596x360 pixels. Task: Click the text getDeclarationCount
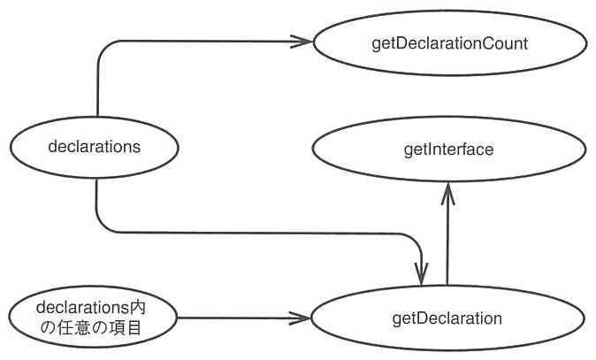450,43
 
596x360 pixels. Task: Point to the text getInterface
448,149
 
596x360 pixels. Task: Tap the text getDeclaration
447,318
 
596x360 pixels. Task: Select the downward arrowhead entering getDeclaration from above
421,273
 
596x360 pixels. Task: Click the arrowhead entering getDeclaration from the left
301,318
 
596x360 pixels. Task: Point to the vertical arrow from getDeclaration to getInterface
447,234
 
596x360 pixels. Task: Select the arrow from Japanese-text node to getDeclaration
244,318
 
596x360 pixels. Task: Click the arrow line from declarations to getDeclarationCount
152,41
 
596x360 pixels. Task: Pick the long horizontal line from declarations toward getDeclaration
258,233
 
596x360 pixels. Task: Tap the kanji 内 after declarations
138,308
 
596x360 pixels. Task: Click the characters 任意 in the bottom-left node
73,328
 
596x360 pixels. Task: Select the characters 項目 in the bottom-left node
125,328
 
